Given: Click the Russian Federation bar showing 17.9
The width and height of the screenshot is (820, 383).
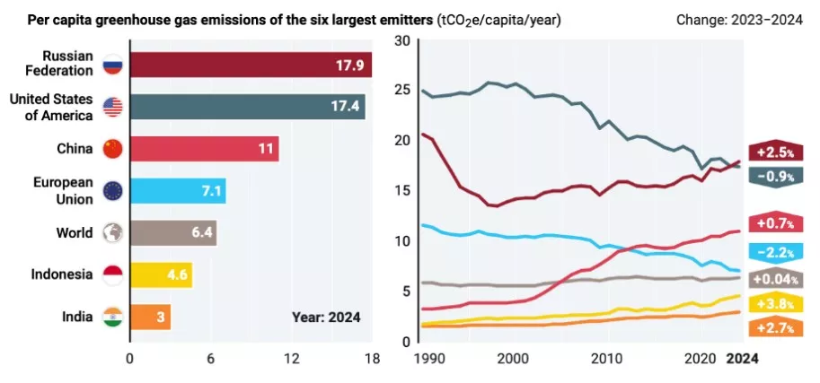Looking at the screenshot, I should [x=251, y=65].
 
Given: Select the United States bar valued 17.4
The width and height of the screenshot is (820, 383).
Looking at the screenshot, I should [x=247, y=107].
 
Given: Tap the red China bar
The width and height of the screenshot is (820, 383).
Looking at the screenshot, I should [x=204, y=149].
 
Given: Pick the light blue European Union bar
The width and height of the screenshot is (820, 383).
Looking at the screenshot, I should [x=177, y=191].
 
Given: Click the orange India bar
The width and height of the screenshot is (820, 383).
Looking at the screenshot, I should [x=150, y=318].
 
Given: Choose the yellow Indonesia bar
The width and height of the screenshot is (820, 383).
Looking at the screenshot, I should [x=161, y=275].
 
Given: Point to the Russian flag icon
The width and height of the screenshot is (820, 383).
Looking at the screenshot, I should [x=112, y=65].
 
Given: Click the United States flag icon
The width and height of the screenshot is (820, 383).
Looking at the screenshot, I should [x=112, y=107].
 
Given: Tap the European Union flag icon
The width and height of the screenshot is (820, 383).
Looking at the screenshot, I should [x=112, y=191].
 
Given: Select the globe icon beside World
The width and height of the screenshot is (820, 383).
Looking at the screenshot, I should [x=112, y=233].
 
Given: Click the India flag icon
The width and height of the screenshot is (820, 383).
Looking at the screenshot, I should [x=112, y=318].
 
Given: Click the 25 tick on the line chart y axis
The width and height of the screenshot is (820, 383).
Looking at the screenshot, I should [x=401, y=90].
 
